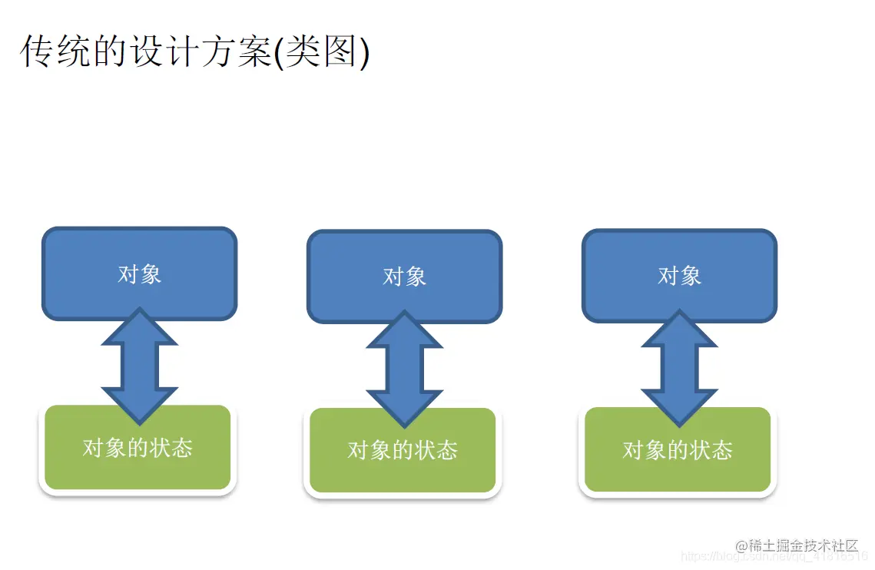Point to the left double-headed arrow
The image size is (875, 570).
click(139, 366)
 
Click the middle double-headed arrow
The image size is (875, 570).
click(405, 369)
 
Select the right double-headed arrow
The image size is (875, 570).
click(679, 368)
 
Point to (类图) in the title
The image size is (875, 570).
click(323, 51)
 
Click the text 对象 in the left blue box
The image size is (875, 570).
click(139, 274)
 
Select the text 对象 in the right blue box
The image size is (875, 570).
click(679, 275)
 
